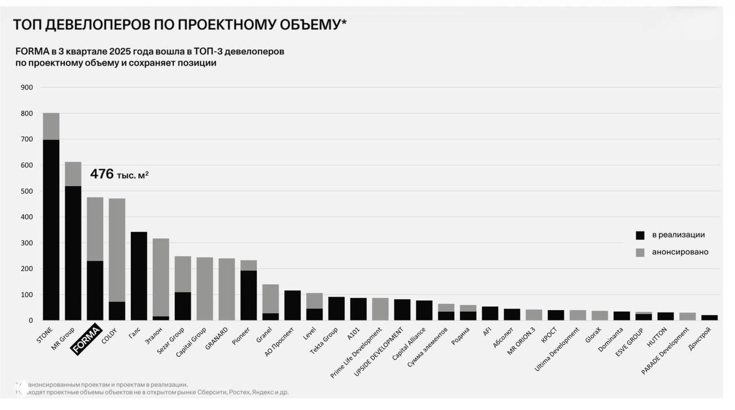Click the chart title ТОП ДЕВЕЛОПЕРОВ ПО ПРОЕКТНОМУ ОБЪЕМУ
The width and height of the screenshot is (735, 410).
tap(179, 25)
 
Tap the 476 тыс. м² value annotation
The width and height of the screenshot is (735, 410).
tap(119, 174)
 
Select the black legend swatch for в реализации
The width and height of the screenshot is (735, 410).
tap(640, 235)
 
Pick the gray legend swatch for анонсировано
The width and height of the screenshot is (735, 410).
tap(640, 252)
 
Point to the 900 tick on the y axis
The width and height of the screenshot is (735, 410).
tap(27, 87)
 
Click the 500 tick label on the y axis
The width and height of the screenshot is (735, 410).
tap(27, 191)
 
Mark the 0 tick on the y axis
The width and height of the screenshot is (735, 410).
tap(30, 320)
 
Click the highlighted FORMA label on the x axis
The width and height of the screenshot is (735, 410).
tap(86, 339)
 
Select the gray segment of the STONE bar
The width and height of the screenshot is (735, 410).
tap(51, 126)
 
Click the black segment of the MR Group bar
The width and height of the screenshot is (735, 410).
tap(73, 253)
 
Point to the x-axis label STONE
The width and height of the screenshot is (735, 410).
tap(45, 335)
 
